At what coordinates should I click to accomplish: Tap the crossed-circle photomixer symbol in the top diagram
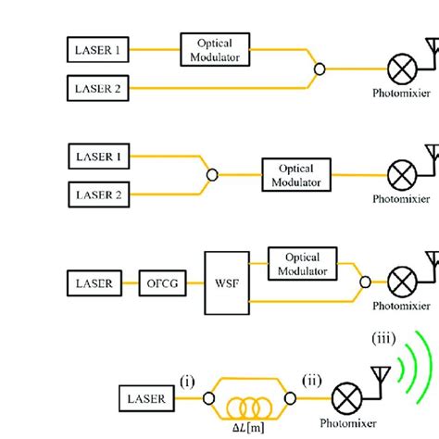(x=401, y=68)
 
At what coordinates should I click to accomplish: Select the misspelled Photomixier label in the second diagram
(x=401, y=198)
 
